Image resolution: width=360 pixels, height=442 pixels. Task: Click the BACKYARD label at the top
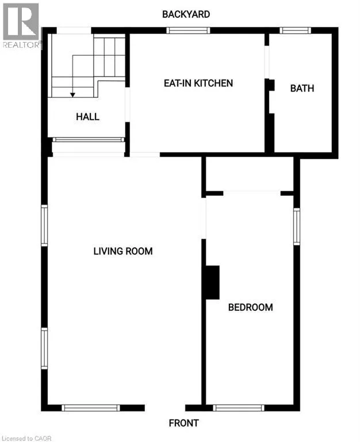coord(186,14)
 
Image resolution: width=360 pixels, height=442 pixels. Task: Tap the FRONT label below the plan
coord(183,423)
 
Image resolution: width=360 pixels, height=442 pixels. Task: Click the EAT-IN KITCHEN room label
coord(198,83)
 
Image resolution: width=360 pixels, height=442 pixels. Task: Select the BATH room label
coord(302,88)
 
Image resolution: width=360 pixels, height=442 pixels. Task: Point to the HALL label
coord(87,117)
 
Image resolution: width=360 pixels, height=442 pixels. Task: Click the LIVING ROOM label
coord(123,251)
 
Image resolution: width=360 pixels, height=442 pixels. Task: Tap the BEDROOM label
coord(250,307)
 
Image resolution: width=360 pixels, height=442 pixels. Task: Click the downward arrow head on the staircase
coord(72,94)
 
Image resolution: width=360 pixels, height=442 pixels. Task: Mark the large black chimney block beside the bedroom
coord(212,282)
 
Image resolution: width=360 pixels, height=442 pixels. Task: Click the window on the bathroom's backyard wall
coord(295,31)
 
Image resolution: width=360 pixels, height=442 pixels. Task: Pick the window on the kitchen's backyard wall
coord(188,31)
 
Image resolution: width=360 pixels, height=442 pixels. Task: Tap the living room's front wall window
coord(90,407)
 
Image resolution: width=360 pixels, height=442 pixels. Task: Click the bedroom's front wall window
coord(238,407)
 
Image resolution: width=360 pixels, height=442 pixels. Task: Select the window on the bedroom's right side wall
coord(297,226)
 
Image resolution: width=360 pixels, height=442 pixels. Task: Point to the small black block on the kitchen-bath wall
coord(270,85)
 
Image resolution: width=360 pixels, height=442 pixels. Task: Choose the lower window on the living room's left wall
coord(44,348)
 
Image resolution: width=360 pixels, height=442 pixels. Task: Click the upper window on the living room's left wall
coord(44,226)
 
